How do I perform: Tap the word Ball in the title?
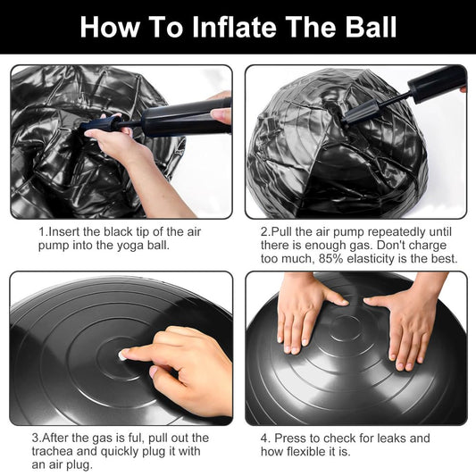pyautogui.click(x=371, y=27)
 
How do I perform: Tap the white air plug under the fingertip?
pyautogui.click(x=122, y=355)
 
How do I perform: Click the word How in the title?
pyautogui.click(x=110, y=27)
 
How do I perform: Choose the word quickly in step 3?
pyautogui.click(x=121, y=451)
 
